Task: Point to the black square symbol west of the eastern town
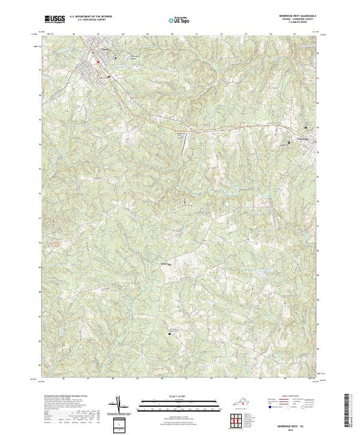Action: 290,142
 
